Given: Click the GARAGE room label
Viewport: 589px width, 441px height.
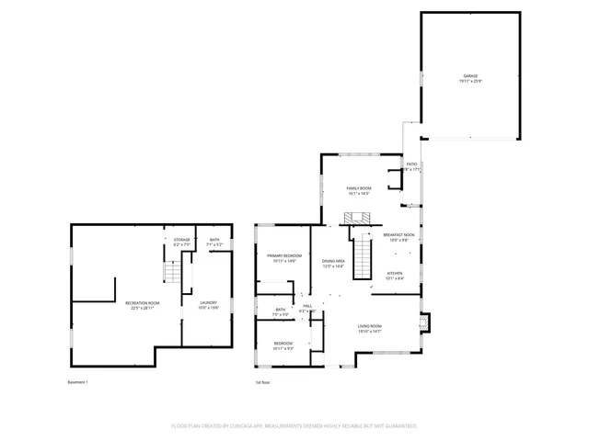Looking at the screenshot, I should coord(470,76).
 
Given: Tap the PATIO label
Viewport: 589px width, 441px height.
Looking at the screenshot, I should coord(411,165).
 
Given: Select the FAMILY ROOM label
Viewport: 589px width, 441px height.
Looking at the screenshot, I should coord(358,188).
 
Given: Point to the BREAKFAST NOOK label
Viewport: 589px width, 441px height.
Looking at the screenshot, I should coord(399,235).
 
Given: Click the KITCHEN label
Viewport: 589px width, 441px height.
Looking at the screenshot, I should coord(394,273).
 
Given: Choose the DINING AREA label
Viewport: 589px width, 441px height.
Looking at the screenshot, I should coord(333,262).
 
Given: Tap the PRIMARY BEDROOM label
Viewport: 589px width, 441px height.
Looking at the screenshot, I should coord(284,256).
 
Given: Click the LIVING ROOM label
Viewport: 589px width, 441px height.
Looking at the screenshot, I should coord(370,326).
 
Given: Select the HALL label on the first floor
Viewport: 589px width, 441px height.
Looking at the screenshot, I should coord(307,307).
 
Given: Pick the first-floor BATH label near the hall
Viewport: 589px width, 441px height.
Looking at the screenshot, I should coord(281,311).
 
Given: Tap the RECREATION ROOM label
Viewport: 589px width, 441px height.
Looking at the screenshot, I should coord(144,303).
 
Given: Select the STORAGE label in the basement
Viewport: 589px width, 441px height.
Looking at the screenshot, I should coord(182,241).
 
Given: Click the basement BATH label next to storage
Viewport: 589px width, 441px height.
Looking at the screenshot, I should coord(214,241).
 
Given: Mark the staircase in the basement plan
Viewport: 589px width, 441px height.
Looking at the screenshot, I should coord(170,273).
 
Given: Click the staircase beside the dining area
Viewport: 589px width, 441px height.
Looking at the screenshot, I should coord(364,257).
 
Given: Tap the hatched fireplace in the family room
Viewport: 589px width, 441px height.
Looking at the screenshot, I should coord(357,218).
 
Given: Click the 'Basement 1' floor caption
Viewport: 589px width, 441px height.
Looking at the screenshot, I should coord(77,382).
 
